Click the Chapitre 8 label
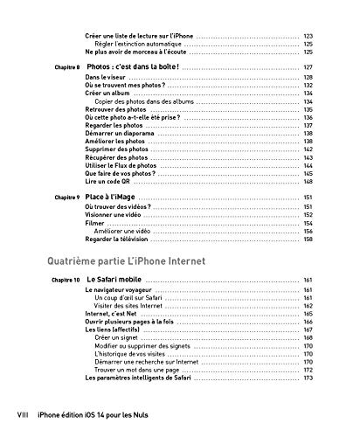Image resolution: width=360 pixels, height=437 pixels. [x=66, y=66]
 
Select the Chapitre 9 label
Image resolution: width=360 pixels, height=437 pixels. [x=66, y=198]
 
